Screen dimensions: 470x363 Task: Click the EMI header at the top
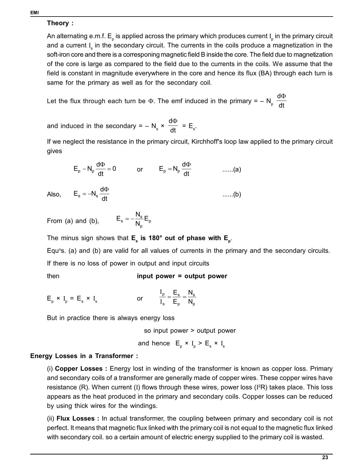pos(34,13)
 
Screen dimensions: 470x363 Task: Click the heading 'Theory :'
pos(60,23)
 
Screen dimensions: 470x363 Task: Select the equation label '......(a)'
pos(231,169)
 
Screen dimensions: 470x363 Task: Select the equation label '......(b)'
pos(231,195)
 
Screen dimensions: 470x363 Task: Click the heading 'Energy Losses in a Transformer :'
pos(84,356)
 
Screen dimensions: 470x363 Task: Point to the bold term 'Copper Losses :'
pos(81,369)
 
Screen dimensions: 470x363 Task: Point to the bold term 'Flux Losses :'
pos(78,418)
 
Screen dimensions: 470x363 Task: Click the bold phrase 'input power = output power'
pos(182,276)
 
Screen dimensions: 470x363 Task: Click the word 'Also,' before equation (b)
pos(54,195)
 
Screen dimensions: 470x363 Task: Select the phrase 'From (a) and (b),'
pos(73,221)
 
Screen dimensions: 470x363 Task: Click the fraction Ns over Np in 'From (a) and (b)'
pos(139,219)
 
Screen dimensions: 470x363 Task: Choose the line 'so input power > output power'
pos(190,331)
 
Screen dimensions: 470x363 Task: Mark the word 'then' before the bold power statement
pos(53,276)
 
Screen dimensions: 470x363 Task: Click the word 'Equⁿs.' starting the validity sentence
pos(55,251)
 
